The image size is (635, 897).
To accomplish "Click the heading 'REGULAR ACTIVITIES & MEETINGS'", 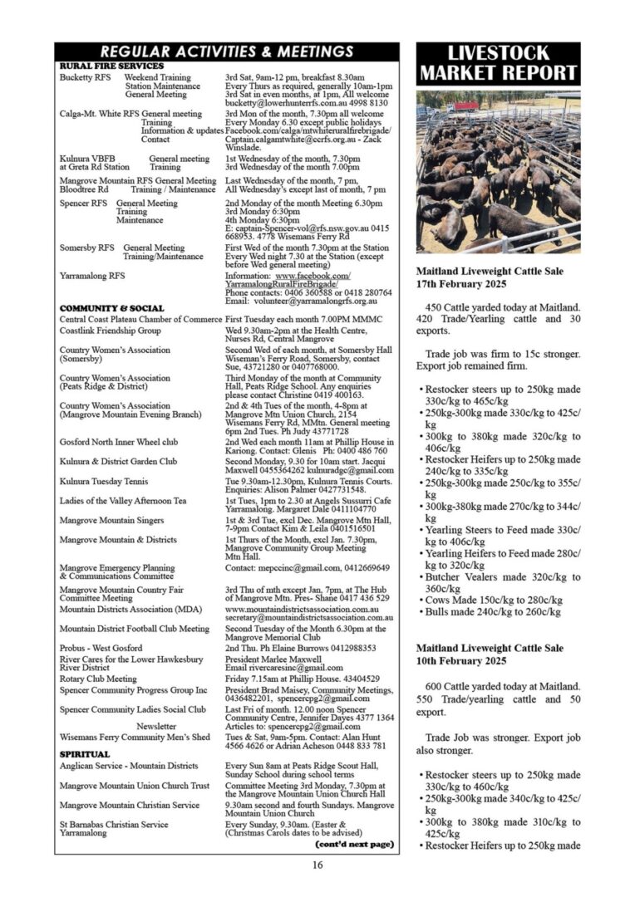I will click(226, 52).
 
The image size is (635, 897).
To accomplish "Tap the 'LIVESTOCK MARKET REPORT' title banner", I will click(498, 63).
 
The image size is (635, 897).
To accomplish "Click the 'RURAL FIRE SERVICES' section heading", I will click(111, 66).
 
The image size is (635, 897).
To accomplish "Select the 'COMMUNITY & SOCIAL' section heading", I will click(112, 308).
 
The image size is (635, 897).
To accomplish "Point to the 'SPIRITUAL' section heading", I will click(85, 754).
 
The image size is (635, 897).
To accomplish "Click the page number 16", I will click(317, 865).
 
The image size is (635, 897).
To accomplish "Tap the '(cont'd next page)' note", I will click(353, 844).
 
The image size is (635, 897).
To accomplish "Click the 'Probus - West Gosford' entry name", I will click(101, 648).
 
